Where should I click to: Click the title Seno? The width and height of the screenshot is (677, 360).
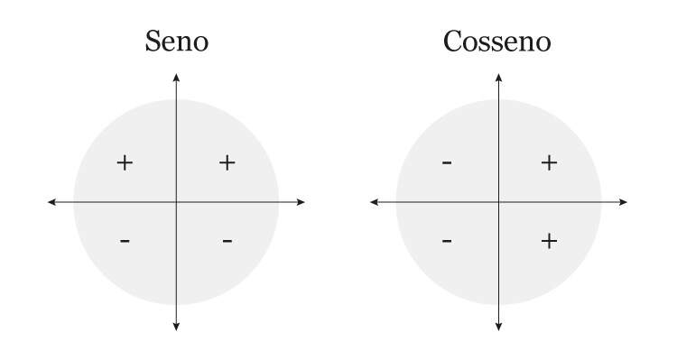tap(176, 42)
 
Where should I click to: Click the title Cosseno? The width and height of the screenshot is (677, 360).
tap(497, 42)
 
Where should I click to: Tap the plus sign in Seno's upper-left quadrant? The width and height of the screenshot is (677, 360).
tap(125, 162)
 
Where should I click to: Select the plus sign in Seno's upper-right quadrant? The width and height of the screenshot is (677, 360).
tap(227, 162)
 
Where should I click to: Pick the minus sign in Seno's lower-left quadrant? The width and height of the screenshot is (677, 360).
tap(125, 241)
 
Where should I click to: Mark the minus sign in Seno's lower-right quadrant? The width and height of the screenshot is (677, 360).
tap(227, 241)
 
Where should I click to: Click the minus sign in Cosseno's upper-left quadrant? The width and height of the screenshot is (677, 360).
tap(447, 162)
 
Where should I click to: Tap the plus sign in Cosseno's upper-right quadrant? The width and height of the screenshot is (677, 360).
tap(549, 162)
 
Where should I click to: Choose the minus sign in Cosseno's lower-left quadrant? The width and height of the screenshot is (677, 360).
tap(447, 241)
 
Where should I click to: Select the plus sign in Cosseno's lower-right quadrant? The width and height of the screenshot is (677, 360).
tap(549, 241)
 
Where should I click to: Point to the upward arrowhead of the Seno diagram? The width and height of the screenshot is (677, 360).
tap(176, 77)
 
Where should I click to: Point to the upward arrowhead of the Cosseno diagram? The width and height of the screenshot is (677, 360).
tap(498, 77)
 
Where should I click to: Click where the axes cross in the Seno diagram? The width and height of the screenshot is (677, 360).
tap(176, 202)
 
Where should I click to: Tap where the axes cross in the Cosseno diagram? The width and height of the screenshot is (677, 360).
tap(498, 202)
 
